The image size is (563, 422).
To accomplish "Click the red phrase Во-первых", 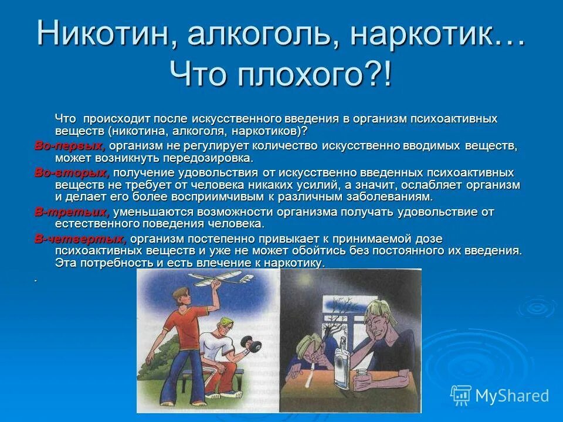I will [70, 145].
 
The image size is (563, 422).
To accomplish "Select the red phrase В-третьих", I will [71, 212].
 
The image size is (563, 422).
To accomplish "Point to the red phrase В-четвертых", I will [80, 239].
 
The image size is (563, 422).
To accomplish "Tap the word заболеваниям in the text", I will [375, 197].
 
